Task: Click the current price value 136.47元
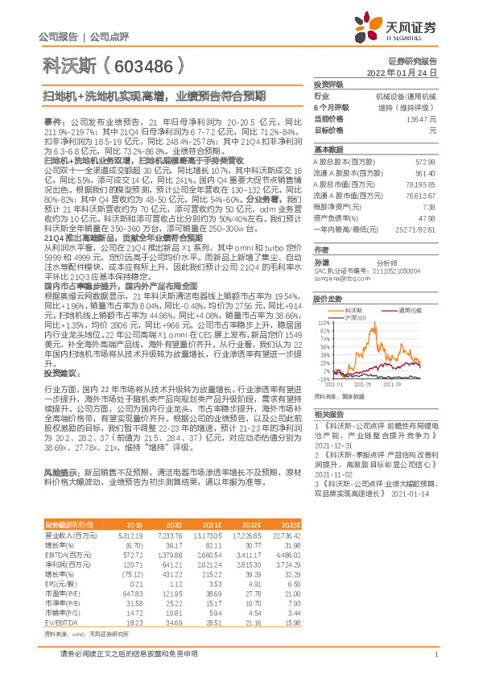[428, 118]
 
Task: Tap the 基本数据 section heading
[328, 150]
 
